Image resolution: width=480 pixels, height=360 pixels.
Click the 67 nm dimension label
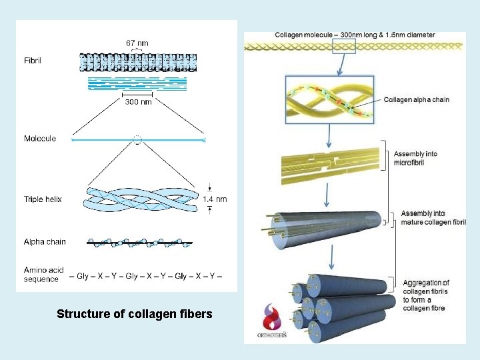137,43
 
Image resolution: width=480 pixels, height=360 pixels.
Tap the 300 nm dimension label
138,102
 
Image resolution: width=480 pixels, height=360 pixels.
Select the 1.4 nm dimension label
215,199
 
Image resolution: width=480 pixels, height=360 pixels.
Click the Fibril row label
33,58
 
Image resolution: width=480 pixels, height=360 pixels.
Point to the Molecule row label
40,139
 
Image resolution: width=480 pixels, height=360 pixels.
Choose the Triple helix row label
43,199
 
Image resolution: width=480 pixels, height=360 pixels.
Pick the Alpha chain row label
45,241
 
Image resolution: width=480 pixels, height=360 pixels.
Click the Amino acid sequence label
44,275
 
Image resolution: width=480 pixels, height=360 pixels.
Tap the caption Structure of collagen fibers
135,313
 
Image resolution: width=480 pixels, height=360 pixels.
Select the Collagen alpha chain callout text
417,100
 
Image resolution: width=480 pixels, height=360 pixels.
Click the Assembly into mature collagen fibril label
433,217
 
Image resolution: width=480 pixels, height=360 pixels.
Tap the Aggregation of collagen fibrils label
426,295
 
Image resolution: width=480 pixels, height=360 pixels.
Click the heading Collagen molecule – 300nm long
355,35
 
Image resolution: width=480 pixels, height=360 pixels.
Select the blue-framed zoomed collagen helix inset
329,99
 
